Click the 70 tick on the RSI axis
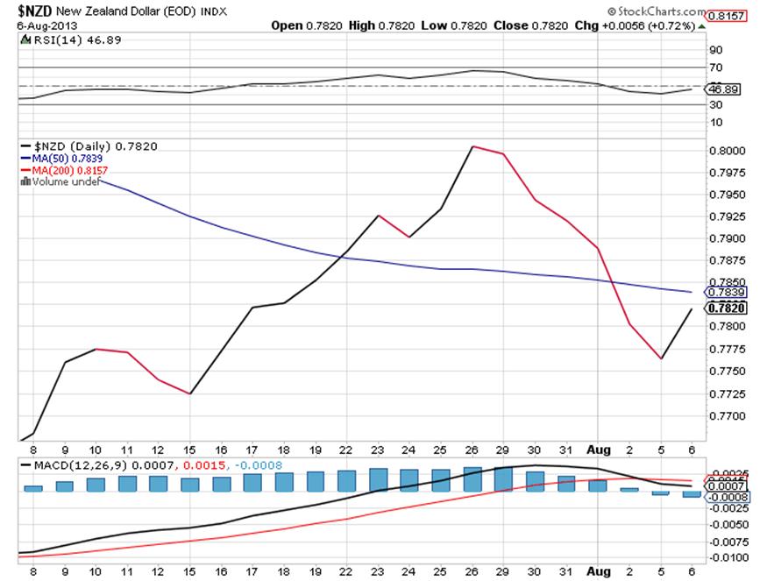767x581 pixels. pos(715,67)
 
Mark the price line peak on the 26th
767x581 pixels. pos(472,146)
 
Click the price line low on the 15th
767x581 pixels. pos(190,393)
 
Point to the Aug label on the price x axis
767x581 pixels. pos(598,448)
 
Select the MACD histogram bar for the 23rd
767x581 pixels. pos(378,479)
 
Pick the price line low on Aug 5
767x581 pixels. pos(661,358)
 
